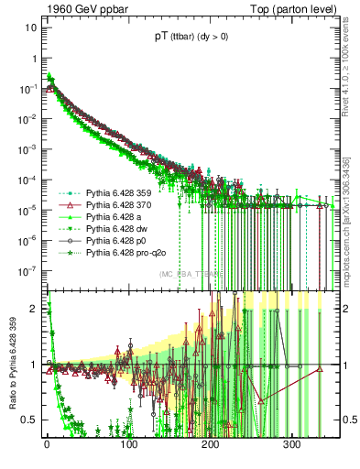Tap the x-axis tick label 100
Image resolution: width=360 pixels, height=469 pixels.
click(x=129, y=446)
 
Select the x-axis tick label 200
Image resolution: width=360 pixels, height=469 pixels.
click(x=211, y=446)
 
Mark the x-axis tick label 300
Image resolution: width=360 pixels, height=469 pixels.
click(x=291, y=446)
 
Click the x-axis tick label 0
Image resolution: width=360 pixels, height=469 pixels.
click(x=48, y=446)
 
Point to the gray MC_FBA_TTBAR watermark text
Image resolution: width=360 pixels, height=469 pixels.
click(x=188, y=274)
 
